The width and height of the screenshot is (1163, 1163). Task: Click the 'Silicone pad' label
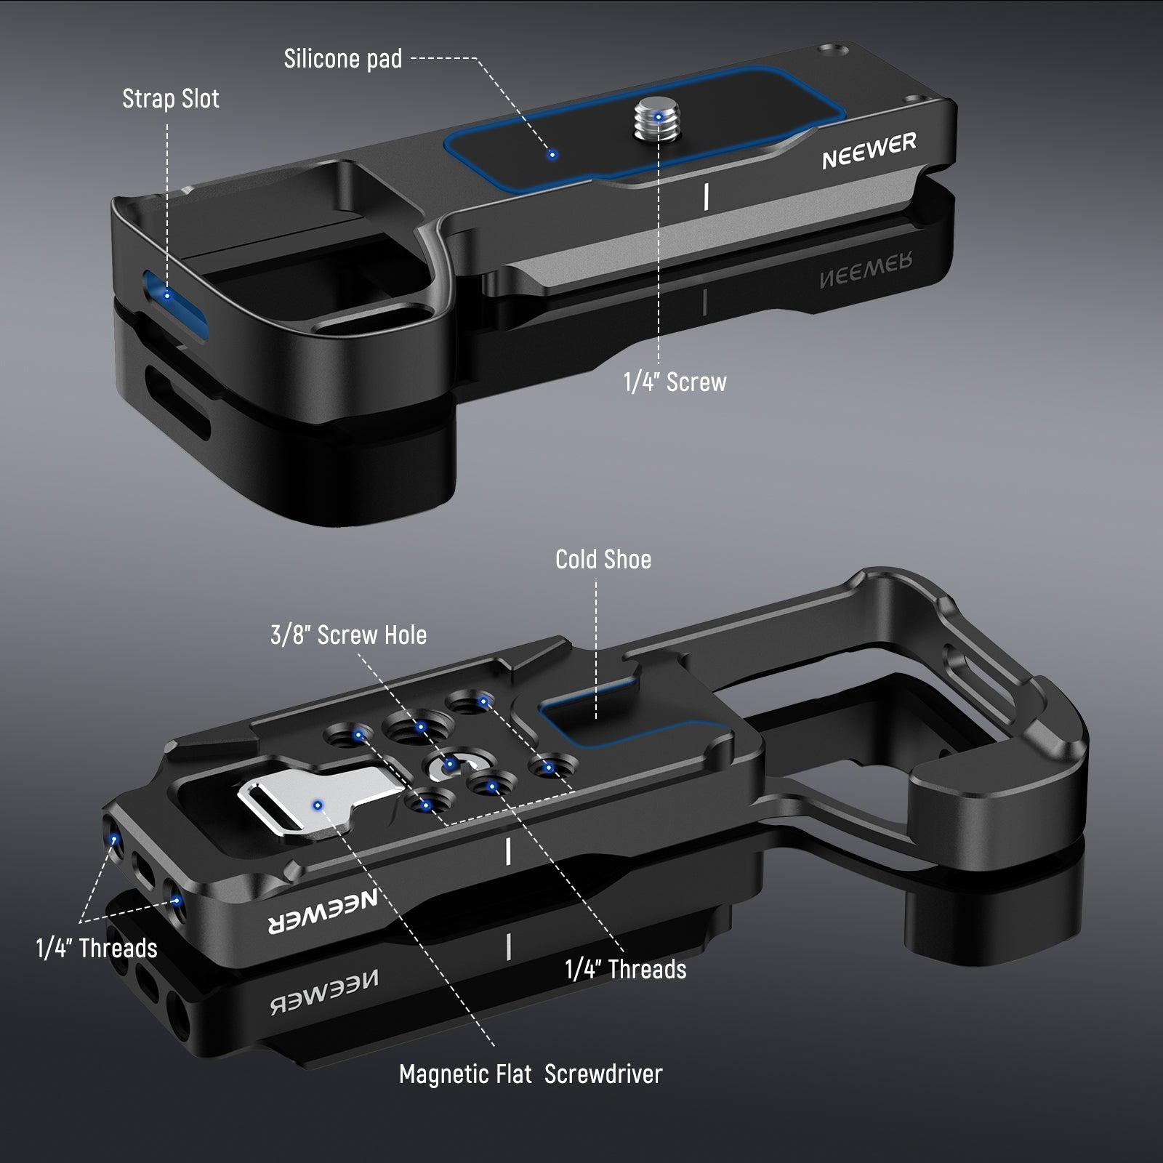[343, 59]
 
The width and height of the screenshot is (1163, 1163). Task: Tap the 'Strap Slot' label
[170, 99]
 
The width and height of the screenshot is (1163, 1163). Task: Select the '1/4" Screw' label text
[675, 382]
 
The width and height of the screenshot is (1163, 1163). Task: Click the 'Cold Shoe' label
[603, 560]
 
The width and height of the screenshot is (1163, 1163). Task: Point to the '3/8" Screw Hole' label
[348, 635]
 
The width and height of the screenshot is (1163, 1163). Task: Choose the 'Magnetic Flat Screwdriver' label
[531, 1074]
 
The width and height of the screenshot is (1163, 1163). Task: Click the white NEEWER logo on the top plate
[869, 151]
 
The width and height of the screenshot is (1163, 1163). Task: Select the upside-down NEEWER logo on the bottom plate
[324, 914]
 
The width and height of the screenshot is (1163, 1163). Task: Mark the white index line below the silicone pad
[707, 196]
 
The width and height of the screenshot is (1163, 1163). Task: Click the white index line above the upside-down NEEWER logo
[508, 850]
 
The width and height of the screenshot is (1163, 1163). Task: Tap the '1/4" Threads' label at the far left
[97, 949]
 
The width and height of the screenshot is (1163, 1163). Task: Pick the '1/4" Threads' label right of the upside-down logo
[626, 970]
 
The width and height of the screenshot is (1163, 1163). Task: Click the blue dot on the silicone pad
[552, 154]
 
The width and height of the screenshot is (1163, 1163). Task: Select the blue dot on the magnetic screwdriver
[317, 805]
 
